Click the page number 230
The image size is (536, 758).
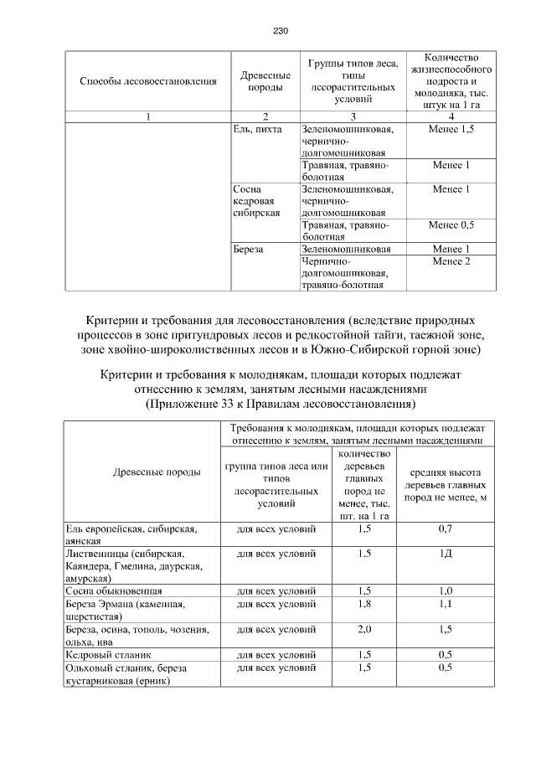pos(280,31)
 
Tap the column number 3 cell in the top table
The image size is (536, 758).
pos(353,116)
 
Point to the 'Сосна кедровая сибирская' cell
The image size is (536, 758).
pos(255,202)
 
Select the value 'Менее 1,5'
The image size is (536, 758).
pos(451,130)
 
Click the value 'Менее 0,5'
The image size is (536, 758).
pos(451,225)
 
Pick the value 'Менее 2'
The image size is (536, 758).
pos(451,261)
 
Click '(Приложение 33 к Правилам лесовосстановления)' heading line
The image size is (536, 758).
pos(280,404)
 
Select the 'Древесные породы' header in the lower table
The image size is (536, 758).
pos(157,472)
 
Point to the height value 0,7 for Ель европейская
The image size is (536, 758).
pos(445,529)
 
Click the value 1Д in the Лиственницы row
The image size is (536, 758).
pos(445,554)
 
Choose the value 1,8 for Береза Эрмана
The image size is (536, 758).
pos(364,602)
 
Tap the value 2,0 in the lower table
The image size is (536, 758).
pos(364,627)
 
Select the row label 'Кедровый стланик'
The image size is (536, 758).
pos(101,653)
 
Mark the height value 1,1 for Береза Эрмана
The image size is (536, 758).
pos(445,602)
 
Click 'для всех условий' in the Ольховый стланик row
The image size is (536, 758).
pos(276,668)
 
